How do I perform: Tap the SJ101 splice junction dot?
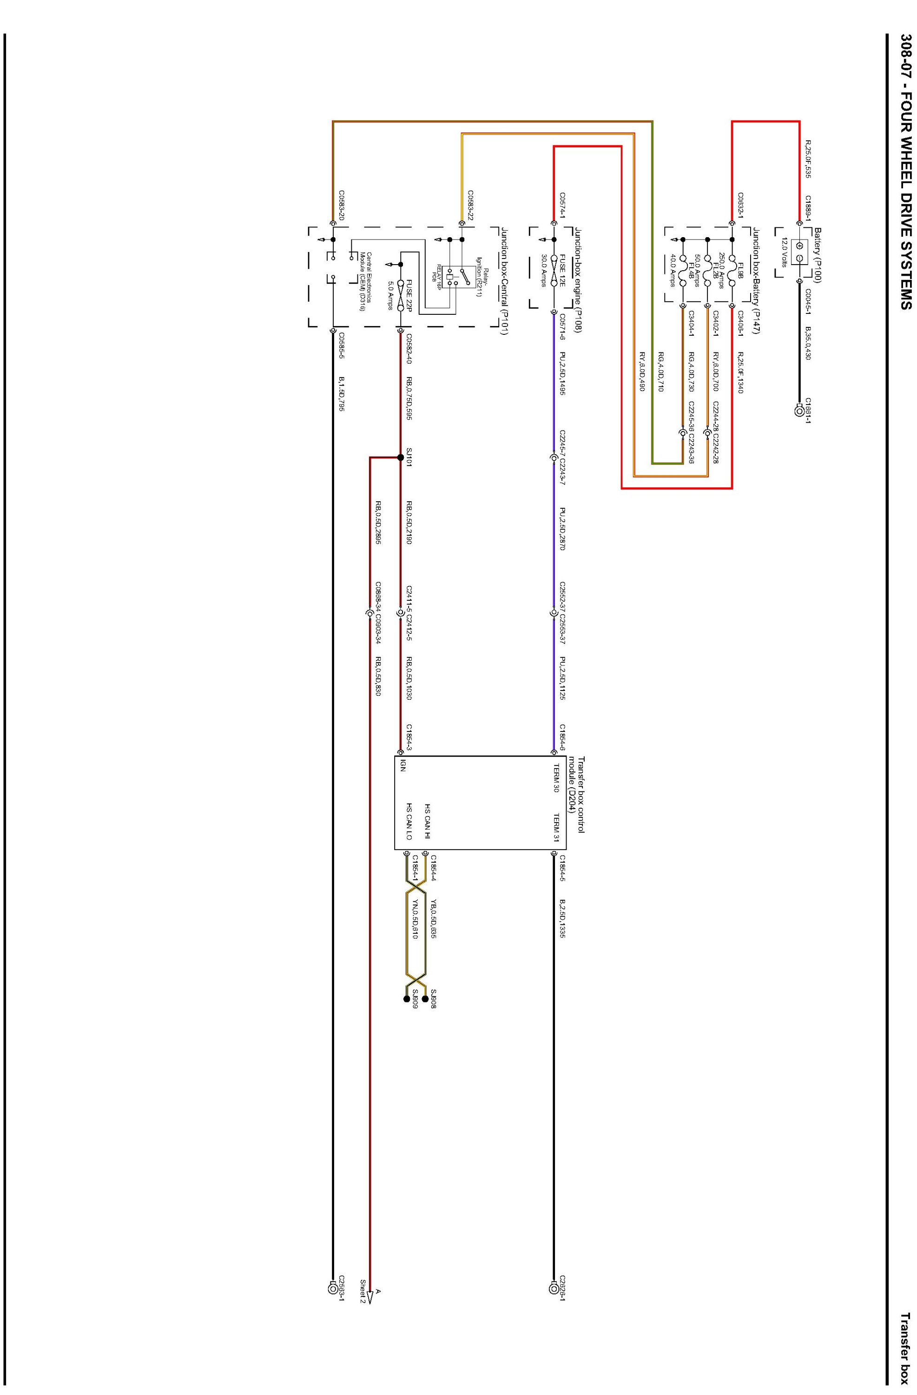point(401,457)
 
